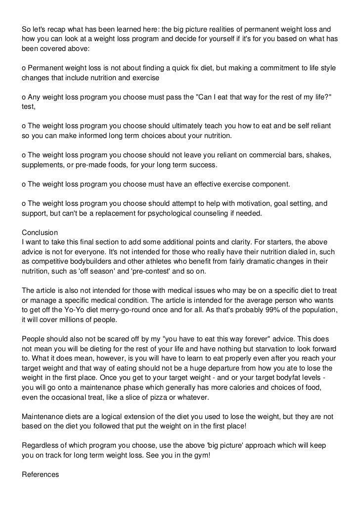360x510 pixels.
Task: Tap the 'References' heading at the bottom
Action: [x=41, y=474]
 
